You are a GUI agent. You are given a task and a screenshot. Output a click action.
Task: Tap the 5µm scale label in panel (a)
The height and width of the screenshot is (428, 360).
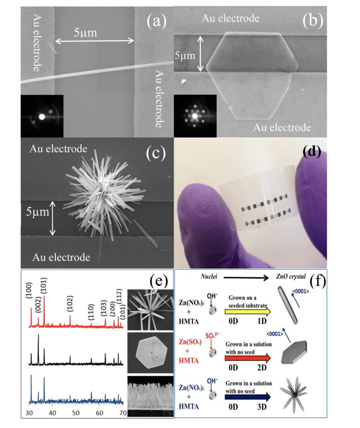(x=85, y=33)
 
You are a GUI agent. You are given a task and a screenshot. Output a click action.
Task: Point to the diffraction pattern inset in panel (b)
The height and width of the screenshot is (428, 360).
(x=195, y=116)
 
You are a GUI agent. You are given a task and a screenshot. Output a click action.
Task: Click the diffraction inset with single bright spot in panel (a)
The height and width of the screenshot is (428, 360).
(x=42, y=116)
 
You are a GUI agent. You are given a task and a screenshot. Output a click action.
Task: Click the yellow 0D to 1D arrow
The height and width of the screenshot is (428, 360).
(x=247, y=311)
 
